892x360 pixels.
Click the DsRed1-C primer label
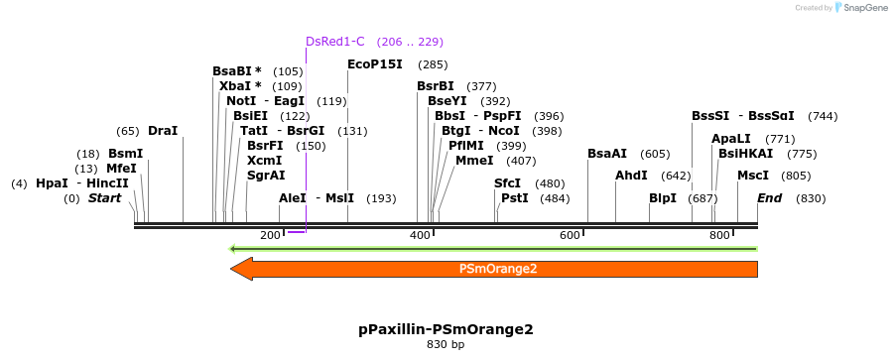click(x=334, y=42)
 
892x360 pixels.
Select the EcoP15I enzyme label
click(x=375, y=64)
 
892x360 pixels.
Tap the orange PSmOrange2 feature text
click(x=498, y=269)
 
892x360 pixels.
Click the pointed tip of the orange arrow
click(x=232, y=269)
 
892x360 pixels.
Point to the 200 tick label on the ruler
click(x=270, y=235)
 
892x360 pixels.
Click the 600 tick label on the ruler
click(x=570, y=235)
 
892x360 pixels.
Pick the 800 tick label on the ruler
click(x=719, y=235)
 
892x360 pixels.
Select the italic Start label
click(x=104, y=198)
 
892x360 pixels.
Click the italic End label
click(x=769, y=198)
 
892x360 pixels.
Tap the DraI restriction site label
click(x=163, y=131)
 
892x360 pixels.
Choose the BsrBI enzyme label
click(x=436, y=86)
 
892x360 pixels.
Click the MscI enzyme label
click(x=753, y=176)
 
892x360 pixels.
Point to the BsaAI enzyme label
click(x=607, y=154)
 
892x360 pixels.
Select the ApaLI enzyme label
click(x=731, y=139)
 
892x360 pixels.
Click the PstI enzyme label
click(x=514, y=198)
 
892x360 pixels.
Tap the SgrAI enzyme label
click(x=266, y=176)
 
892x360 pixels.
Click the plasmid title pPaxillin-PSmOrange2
click(x=446, y=328)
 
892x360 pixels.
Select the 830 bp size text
click(x=446, y=345)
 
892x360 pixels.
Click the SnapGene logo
click(x=860, y=8)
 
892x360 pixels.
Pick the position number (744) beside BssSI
click(x=823, y=116)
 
